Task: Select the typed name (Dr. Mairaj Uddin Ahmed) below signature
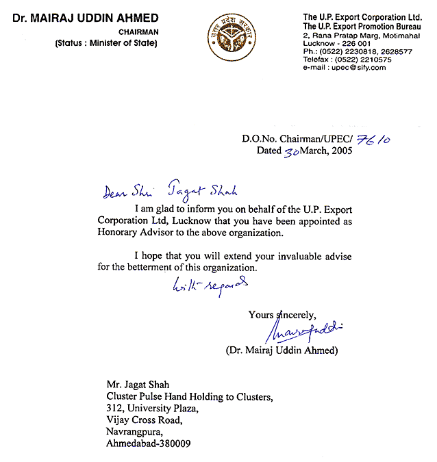click(x=277, y=351)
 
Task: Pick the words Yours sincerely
click(x=282, y=315)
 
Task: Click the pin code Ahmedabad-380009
click(x=149, y=444)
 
